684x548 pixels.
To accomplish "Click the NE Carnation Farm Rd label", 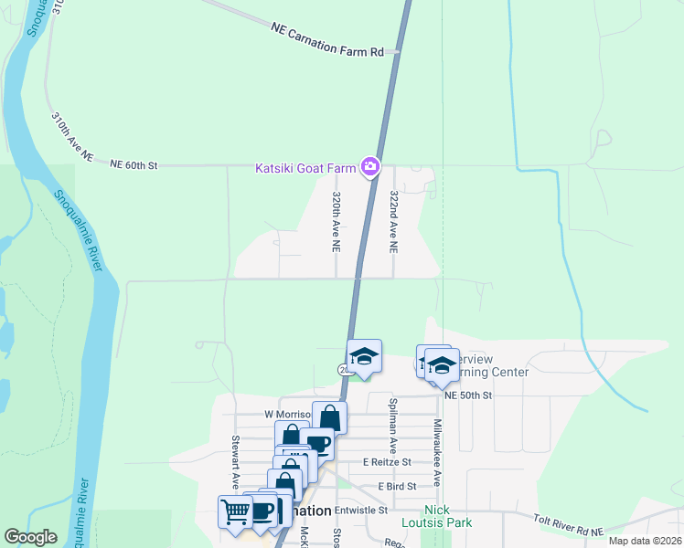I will pyautogui.click(x=327, y=41).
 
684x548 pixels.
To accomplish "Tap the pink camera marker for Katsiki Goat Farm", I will pyautogui.click(x=370, y=166).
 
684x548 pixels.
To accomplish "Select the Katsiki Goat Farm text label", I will pyautogui.click(x=305, y=167).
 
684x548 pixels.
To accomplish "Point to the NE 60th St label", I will pyautogui.click(x=134, y=165).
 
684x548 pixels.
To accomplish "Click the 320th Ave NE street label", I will pyautogui.click(x=337, y=222).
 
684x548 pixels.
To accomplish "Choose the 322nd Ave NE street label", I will pyautogui.click(x=394, y=222).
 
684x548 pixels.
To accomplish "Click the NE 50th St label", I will pyautogui.click(x=469, y=395).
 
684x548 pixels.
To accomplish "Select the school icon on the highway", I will pyautogui.click(x=364, y=356).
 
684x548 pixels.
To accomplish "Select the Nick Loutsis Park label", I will pyautogui.click(x=436, y=516).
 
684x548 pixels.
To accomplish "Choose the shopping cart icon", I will pyautogui.click(x=235, y=511).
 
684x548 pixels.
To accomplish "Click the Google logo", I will pyautogui.click(x=30, y=537).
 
